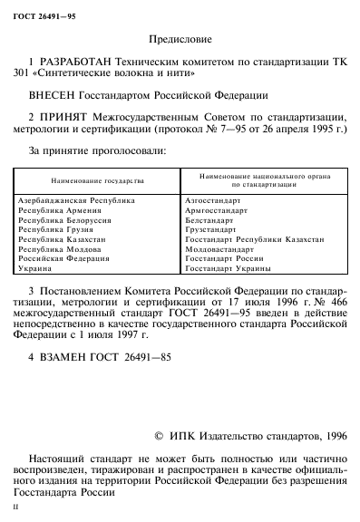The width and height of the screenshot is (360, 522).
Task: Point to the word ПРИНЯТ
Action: click(x=61, y=115)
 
